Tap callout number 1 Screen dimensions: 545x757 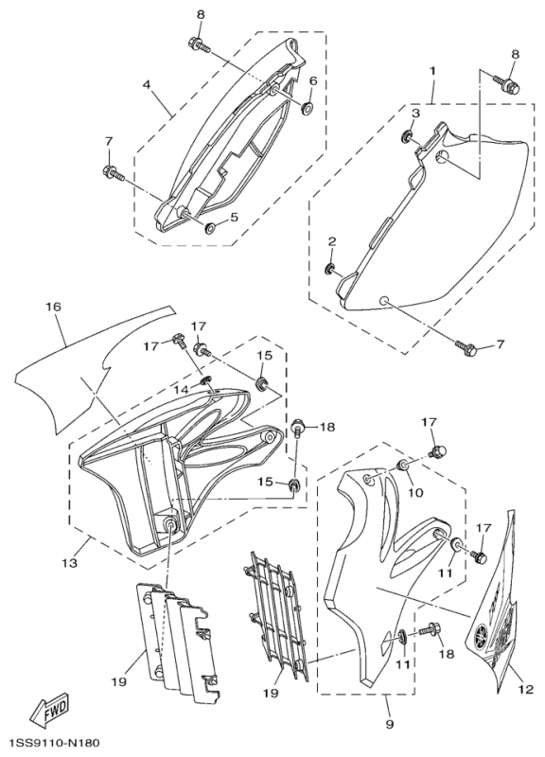point(432,70)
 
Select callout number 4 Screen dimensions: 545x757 point(147,84)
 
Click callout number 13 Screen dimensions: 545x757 point(70,562)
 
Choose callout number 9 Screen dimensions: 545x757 point(390,724)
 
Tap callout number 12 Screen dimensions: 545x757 point(527,690)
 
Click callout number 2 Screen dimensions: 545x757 point(332,241)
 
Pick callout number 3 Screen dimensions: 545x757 point(415,114)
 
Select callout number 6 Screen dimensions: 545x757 point(313,80)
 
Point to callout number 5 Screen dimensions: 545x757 point(234,217)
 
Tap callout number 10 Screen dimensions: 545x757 point(415,492)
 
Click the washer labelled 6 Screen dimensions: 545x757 point(306,108)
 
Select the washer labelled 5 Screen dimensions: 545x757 point(210,226)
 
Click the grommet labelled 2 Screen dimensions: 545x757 point(330,269)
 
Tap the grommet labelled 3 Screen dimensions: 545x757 point(407,137)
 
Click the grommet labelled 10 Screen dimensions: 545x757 point(401,466)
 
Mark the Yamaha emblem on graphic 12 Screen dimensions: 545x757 point(482,635)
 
